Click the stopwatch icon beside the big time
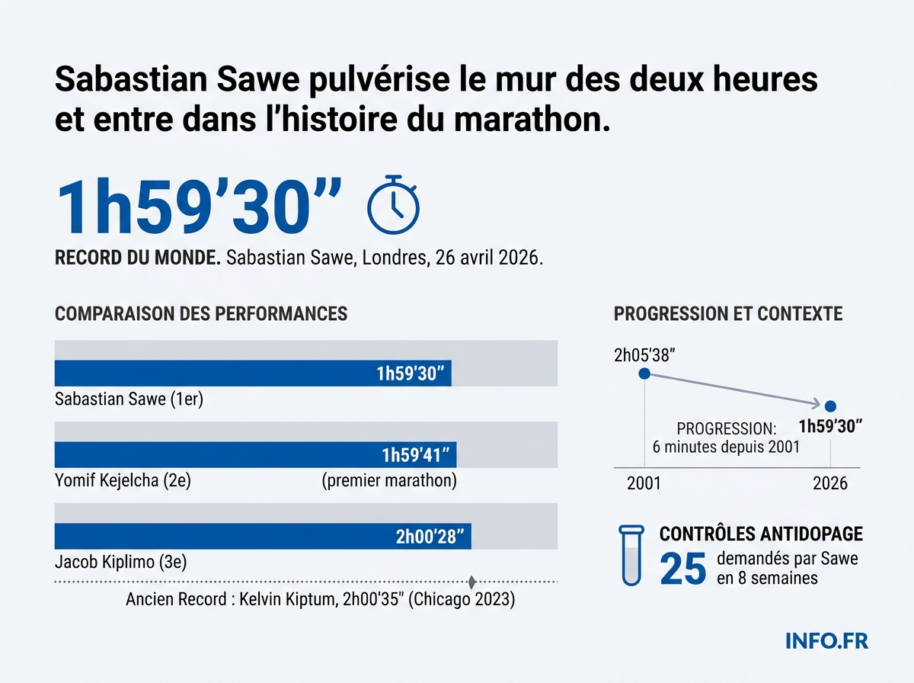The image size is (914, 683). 393,204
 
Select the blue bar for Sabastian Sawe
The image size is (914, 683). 253,374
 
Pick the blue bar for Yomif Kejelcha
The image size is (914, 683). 255,455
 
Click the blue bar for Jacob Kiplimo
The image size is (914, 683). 263,537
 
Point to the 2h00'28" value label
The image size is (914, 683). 430,537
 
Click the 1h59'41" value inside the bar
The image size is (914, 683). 417,455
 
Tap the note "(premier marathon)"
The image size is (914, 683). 388,481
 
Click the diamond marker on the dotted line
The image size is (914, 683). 471,582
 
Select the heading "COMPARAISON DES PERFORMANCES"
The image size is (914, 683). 201,314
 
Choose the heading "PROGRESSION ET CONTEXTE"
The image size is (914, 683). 728,314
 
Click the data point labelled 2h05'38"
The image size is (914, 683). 644,374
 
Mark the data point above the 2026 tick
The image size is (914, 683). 830,406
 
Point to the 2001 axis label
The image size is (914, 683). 644,484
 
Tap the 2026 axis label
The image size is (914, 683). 830,484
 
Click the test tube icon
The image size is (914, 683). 631,555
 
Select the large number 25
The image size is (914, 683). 683,568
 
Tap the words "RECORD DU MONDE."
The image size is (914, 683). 138,258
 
